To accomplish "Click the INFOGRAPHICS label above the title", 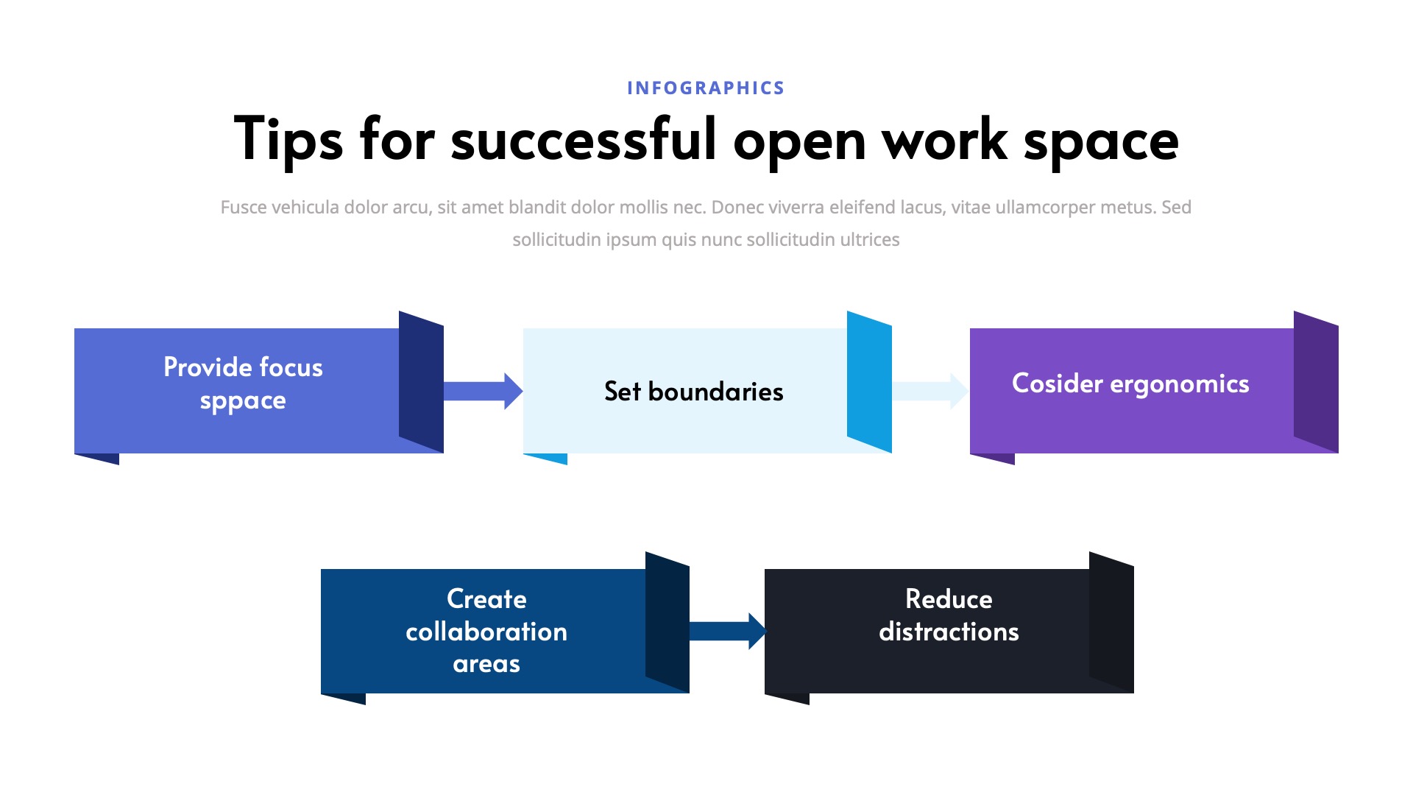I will [706, 88].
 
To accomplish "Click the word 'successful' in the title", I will [583, 140].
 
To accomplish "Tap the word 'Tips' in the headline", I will [288, 140].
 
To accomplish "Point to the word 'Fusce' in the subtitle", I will [244, 208].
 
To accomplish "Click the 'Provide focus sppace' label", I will [243, 384].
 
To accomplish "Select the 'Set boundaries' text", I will [693, 392].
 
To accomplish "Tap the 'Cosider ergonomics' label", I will [1130, 384].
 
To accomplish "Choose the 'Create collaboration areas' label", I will [486, 631].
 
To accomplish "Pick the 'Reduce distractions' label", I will [949, 615].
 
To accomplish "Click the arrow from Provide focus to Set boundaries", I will [483, 391].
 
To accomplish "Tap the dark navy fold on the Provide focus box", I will [421, 382].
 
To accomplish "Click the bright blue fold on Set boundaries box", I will [869, 382].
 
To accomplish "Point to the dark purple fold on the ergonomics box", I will [1316, 382].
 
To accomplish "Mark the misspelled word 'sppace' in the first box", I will [243, 401].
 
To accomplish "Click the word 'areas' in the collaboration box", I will [486, 664].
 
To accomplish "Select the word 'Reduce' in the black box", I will [949, 599].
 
